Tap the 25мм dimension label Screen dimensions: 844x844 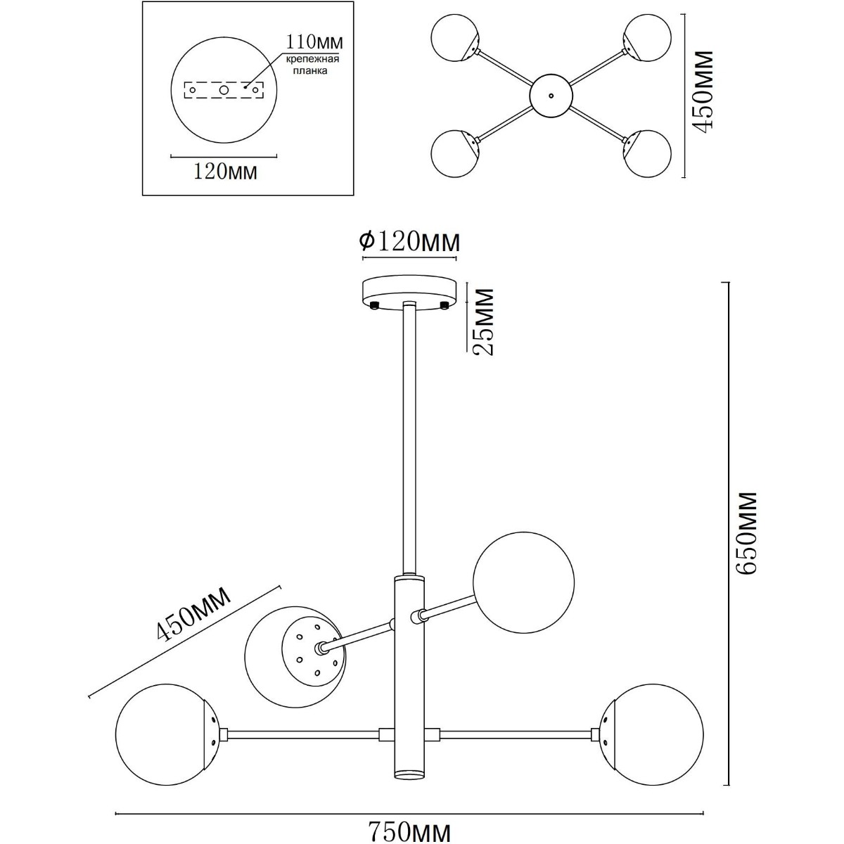pyautogui.click(x=482, y=321)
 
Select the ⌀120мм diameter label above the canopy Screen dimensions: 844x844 pyautogui.click(x=409, y=241)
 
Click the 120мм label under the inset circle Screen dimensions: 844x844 pyautogui.click(x=224, y=171)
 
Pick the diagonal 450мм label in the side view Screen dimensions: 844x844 pyautogui.click(x=193, y=615)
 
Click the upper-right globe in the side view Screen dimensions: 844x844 pyautogui.click(x=524, y=582)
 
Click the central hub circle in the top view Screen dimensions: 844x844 pyautogui.click(x=551, y=96)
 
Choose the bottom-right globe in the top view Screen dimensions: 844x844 pyautogui.click(x=646, y=153)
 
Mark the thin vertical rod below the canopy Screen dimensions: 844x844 pyautogui.click(x=409, y=436)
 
